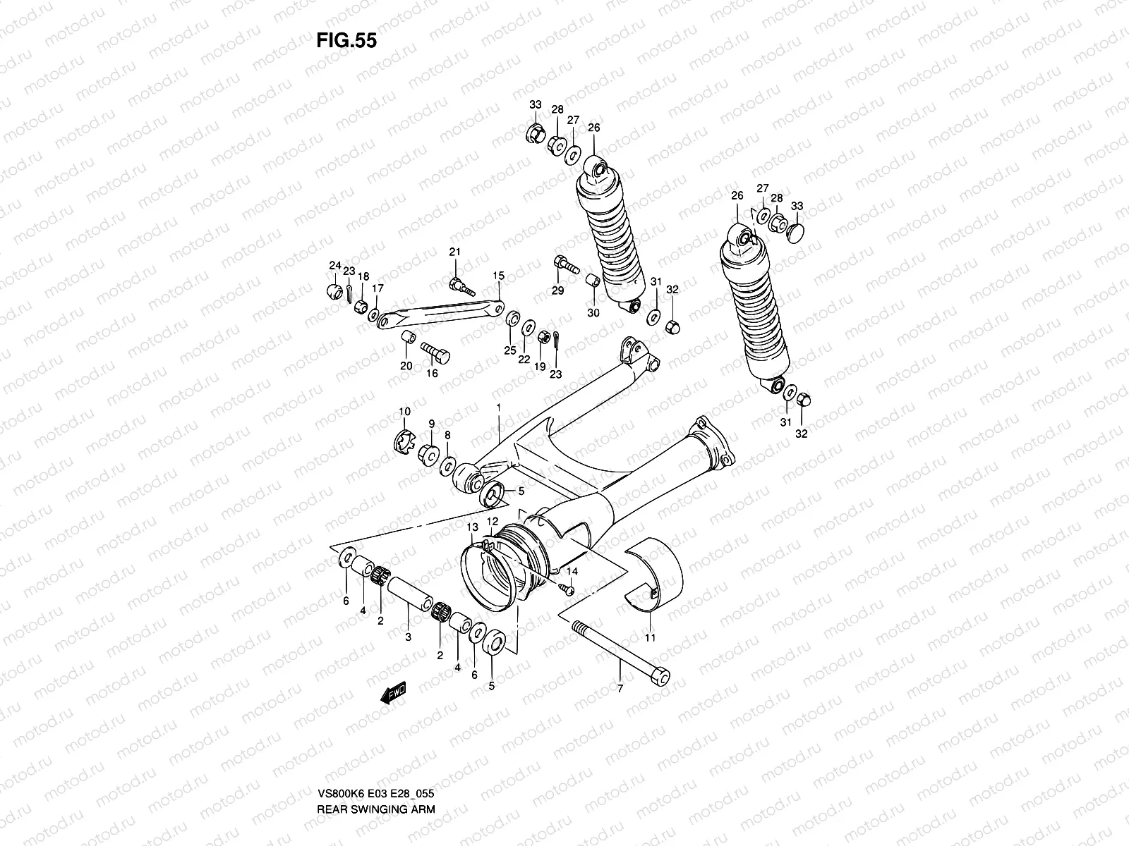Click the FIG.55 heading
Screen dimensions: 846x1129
346,40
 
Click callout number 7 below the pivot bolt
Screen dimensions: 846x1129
620,689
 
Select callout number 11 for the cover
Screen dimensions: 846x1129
650,637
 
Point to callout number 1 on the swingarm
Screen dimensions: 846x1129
498,407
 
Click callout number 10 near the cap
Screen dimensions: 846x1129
404,411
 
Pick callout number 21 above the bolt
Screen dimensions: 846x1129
455,252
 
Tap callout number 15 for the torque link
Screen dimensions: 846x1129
499,275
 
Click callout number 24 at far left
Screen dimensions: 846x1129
334,265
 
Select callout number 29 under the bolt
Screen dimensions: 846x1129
557,291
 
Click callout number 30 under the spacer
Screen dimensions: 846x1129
593,312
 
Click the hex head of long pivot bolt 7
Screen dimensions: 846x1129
660,675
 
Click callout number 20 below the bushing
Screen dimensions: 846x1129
406,365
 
